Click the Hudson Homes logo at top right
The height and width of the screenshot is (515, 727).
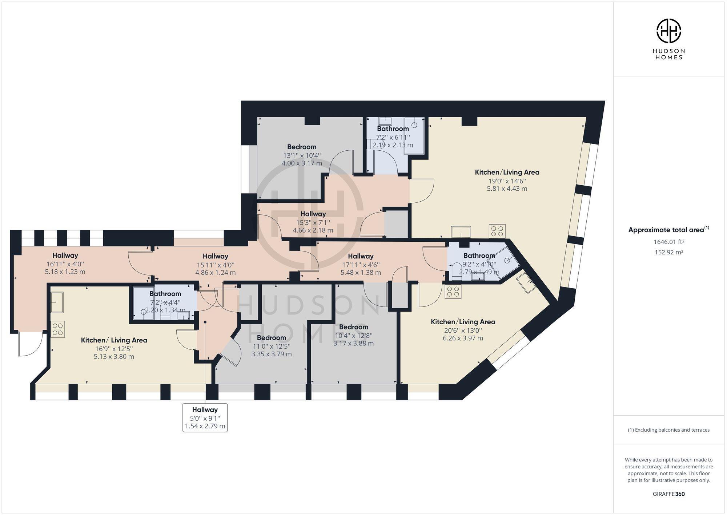tap(668, 31)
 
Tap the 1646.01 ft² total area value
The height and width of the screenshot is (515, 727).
tap(669, 242)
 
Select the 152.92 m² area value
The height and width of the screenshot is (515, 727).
tap(669, 252)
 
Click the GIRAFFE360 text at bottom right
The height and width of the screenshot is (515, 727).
tap(669, 494)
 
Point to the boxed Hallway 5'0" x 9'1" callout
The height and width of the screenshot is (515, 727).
tap(205, 417)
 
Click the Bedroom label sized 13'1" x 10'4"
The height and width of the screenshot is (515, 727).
tap(302, 147)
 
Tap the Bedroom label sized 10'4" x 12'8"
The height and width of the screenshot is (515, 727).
tap(353, 327)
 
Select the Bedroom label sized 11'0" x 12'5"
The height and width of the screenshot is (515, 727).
tap(271, 338)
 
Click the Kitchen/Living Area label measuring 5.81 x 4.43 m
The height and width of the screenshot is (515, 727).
tap(507, 172)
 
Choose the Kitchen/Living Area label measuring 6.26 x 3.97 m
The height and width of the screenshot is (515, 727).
tap(463, 322)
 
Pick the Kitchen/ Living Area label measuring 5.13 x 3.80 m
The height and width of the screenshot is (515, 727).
tap(114, 340)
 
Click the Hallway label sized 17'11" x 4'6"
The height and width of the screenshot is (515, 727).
tap(361, 256)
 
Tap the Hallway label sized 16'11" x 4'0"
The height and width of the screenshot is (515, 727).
tap(65, 255)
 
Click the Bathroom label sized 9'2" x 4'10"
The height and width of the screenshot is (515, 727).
tap(479, 255)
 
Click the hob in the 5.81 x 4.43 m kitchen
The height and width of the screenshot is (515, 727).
tap(497, 231)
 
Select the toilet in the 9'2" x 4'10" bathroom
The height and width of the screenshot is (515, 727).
tap(456, 272)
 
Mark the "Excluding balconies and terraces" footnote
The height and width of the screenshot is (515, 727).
tap(669, 430)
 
